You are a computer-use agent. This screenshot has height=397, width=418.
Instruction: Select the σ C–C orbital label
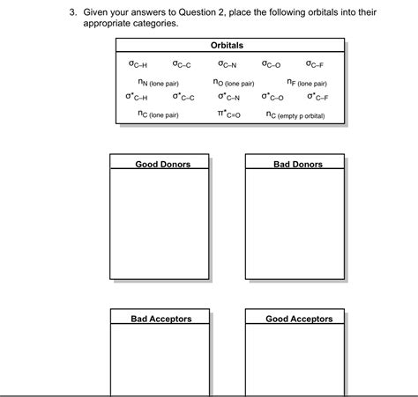pyautogui.click(x=182, y=63)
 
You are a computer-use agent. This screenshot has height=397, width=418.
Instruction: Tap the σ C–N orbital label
pyautogui.click(x=228, y=63)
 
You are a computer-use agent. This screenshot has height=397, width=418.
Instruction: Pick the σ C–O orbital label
pyautogui.click(x=272, y=63)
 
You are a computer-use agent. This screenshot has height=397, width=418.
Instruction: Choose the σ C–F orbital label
pyautogui.click(x=314, y=63)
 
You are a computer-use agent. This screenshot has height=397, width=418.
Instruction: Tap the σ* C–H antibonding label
pyautogui.click(x=137, y=95)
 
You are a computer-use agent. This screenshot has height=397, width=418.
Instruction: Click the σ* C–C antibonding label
pyautogui.click(x=183, y=95)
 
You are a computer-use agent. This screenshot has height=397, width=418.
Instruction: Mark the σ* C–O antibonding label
pyautogui.click(x=272, y=95)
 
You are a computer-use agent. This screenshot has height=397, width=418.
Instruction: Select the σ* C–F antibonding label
pyautogui.click(x=314, y=95)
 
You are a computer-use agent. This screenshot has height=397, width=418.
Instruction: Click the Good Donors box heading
pyautogui.click(x=162, y=165)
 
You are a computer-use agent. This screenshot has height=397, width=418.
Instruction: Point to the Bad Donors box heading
pyautogui.click(x=298, y=165)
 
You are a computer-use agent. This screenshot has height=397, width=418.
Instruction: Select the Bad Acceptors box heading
pyautogui.click(x=161, y=319)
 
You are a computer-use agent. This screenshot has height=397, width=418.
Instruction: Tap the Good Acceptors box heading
pyautogui.click(x=299, y=319)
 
